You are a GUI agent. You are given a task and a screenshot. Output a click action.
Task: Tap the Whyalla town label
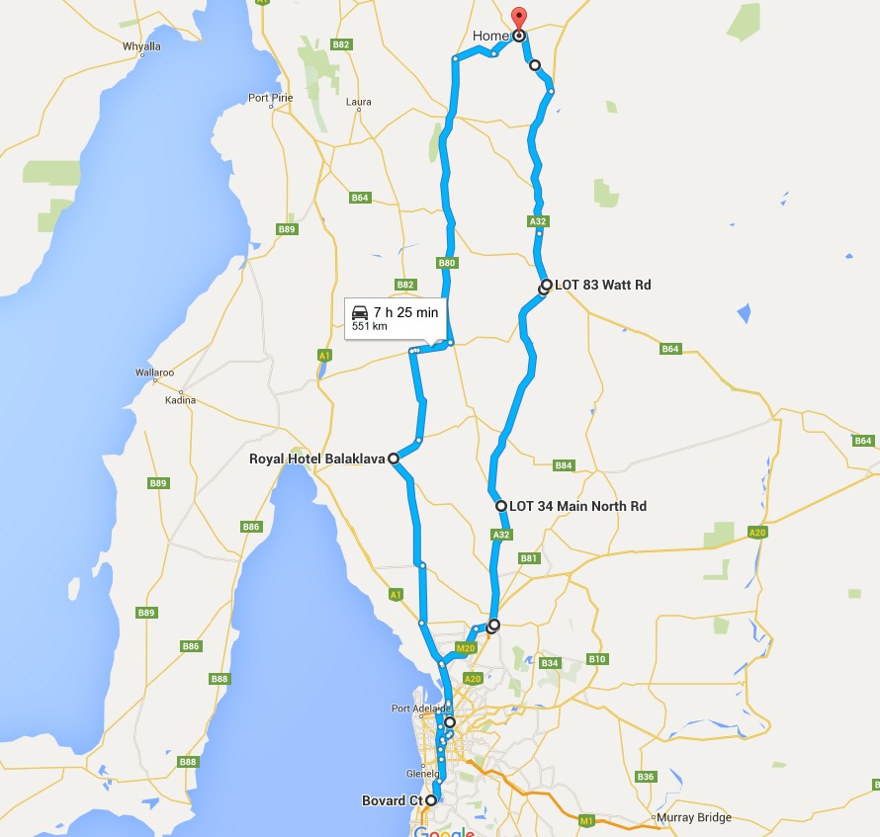(141, 45)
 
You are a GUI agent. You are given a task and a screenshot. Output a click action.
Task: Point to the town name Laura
(359, 102)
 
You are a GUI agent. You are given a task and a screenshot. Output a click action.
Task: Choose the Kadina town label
(181, 400)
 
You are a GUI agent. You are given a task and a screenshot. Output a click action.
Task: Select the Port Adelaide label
(420, 708)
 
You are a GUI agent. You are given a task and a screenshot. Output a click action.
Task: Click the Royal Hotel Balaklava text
(315, 459)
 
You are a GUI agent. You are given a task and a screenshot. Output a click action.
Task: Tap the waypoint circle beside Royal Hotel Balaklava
(394, 459)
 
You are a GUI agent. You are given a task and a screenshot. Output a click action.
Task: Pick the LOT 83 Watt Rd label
(603, 285)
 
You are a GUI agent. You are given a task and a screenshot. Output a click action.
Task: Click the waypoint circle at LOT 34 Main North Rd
(501, 506)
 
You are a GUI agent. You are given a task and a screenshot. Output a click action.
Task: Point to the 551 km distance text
(369, 326)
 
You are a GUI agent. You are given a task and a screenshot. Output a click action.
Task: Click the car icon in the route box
(360, 312)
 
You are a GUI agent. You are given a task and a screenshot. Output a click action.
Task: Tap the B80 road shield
(446, 264)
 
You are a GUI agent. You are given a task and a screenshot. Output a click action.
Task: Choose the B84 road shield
(564, 465)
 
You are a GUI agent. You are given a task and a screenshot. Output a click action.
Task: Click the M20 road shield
(466, 648)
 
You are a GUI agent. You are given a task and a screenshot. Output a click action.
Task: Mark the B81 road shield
(529, 558)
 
